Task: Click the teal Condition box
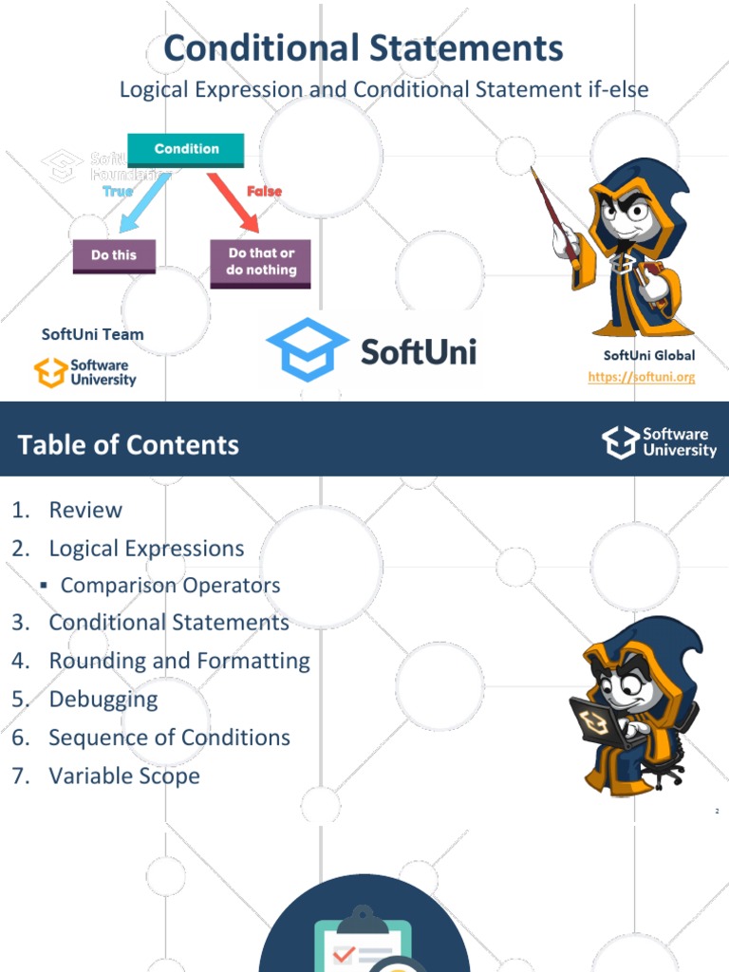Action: click(185, 150)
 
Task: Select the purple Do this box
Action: click(114, 256)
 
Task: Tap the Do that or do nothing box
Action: click(260, 264)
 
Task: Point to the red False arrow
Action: click(234, 203)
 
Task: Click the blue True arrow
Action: click(144, 203)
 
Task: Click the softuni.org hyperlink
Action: click(641, 377)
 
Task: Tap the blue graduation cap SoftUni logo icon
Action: click(307, 349)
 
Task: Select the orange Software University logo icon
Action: click(51, 372)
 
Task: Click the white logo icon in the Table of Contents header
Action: click(621, 442)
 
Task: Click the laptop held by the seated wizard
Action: click(594, 722)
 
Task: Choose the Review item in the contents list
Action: click(85, 510)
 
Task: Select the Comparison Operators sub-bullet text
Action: click(171, 586)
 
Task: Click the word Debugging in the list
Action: click(103, 700)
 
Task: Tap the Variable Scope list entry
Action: click(124, 776)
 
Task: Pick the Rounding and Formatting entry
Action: click(179, 662)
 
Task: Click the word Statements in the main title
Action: click(467, 48)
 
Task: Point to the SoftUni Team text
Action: click(92, 335)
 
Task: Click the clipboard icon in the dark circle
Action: click(363, 939)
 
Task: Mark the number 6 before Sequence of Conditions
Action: click(21, 738)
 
